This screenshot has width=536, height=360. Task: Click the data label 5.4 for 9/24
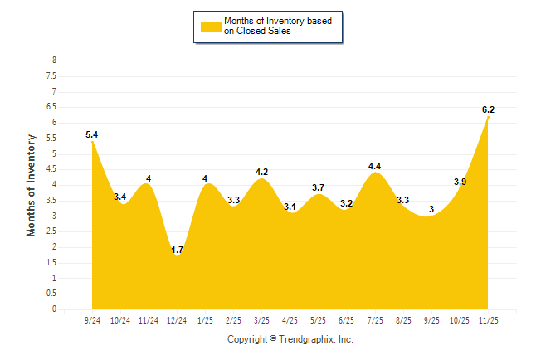[92, 134]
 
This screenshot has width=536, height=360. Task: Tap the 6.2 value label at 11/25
[488, 109]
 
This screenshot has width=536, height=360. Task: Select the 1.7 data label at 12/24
[178, 250]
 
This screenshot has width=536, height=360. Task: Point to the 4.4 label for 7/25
[375, 166]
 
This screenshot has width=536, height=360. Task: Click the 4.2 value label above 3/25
[262, 172]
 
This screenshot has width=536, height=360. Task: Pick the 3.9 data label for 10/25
[460, 181]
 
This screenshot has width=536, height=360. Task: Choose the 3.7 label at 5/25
[319, 187]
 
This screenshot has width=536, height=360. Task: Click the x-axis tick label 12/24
[177, 319]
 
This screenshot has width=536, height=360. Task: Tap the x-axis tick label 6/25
[347, 319]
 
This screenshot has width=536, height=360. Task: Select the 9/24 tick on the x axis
[92, 319]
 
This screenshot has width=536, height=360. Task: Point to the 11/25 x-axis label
[489, 319]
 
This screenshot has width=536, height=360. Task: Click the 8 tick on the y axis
[54, 61]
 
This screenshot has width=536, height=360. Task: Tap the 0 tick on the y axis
[54, 309]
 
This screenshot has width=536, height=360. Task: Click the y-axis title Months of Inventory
[32, 185]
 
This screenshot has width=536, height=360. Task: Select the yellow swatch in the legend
[210, 26]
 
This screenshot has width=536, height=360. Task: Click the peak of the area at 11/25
[489, 117]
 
